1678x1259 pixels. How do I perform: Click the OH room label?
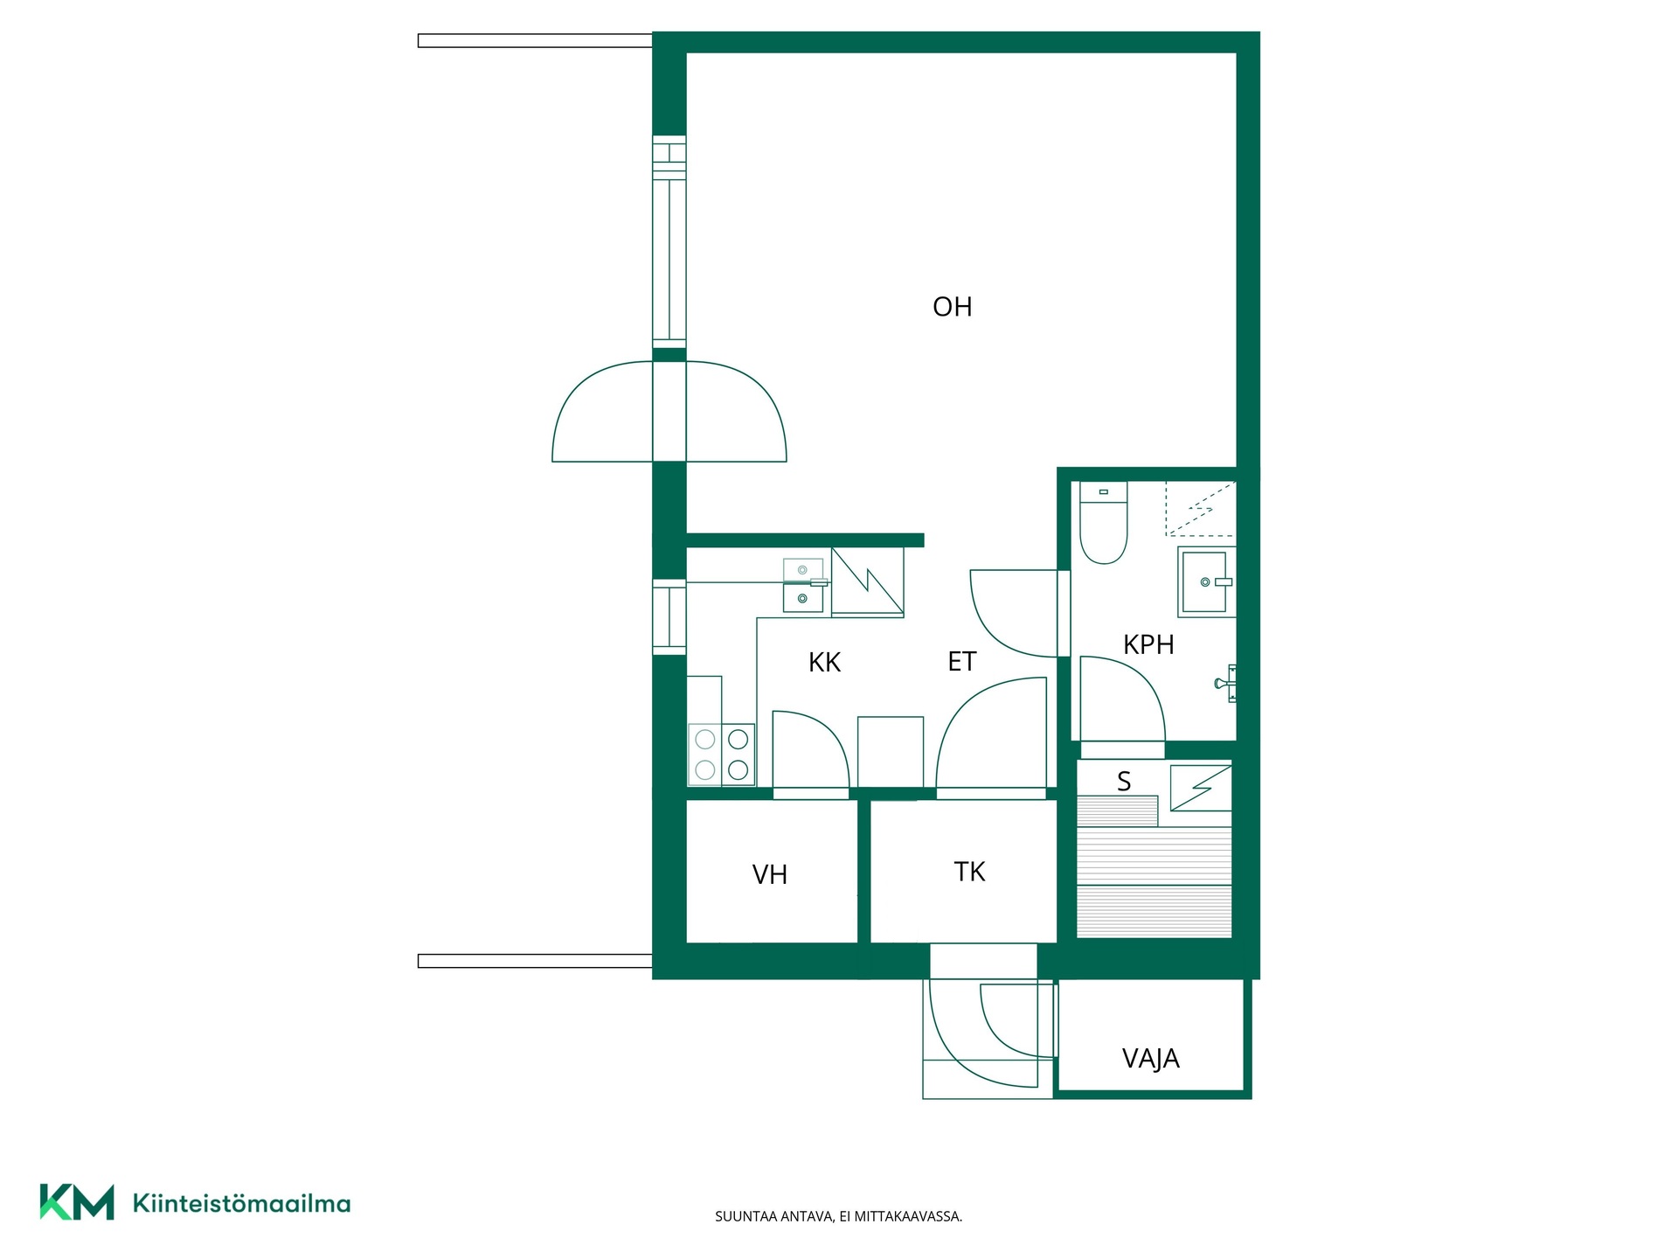point(952,307)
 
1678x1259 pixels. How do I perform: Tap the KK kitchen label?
point(824,663)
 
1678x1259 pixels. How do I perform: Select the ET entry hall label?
point(961,662)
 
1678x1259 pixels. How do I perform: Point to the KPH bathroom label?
point(1148,644)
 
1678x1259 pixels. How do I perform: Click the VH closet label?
point(770,874)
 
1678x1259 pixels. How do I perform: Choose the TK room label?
point(969,872)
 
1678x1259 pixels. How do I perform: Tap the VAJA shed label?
point(1150,1059)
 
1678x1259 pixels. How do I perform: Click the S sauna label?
point(1124,781)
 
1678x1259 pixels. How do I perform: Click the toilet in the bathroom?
point(1104,522)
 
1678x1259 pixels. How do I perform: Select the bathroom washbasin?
point(1206,581)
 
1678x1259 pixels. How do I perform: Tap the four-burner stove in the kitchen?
point(721,754)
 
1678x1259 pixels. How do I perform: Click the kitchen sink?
point(803,584)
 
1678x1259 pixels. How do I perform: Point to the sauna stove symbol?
point(1201,788)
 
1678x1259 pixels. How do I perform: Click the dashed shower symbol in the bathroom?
point(1201,508)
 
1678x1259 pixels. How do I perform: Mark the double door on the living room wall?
point(669,411)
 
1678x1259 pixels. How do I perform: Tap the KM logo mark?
point(77,1202)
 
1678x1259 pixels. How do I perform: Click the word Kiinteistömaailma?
point(241,1203)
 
